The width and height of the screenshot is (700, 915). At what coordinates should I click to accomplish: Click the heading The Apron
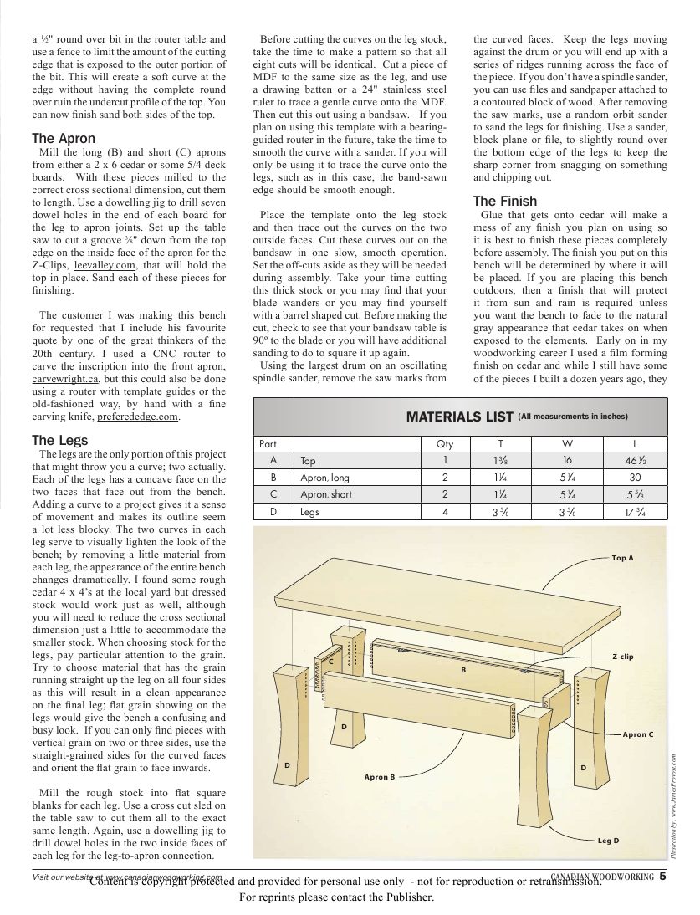(x=64, y=138)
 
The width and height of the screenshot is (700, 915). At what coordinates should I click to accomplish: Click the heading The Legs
(x=59, y=440)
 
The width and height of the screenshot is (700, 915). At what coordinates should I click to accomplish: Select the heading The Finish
(x=505, y=202)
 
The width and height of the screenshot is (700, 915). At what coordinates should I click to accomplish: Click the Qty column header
(x=446, y=444)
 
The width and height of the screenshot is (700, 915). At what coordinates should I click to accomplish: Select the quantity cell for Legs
(x=446, y=512)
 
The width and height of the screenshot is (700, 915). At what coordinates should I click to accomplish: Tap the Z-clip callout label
(x=622, y=657)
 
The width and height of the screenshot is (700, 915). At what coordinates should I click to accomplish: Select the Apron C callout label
(x=638, y=734)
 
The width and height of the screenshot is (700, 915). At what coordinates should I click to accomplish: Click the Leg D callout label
(x=608, y=839)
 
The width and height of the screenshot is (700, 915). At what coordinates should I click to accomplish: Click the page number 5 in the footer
(x=662, y=877)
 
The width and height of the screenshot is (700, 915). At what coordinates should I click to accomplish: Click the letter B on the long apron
(x=462, y=670)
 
